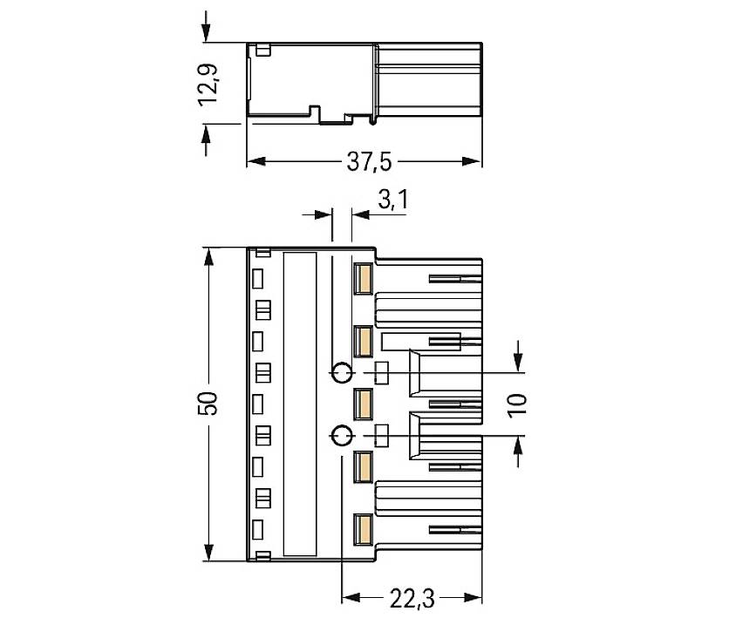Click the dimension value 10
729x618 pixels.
(x=517, y=404)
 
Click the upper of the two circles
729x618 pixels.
(x=343, y=373)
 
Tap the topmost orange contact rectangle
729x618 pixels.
(x=364, y=278)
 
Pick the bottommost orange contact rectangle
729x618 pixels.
(x=364, y=530)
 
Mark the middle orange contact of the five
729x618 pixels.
(x=364, y=404)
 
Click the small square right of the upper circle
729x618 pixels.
(x=381, y=373)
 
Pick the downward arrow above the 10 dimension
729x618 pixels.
(x=518, y=358)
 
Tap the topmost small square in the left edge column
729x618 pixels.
(x=258, y=279)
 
